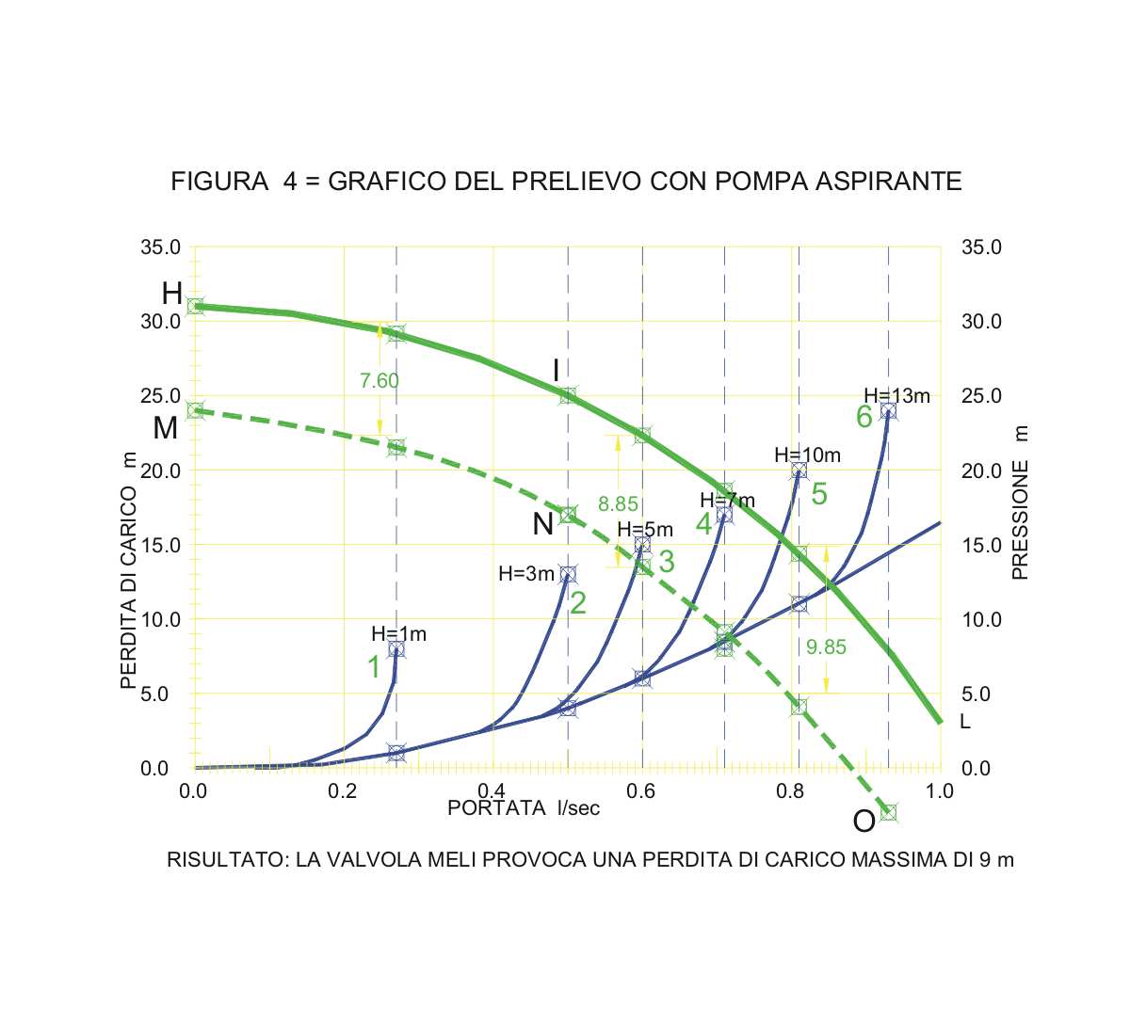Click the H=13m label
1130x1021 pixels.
tap(896, 396)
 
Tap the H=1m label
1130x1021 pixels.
tap(398, 634)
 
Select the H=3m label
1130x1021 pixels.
tap(526, 573)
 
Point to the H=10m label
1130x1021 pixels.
tap(807, 455)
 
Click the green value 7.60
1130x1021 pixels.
tap(379, 381)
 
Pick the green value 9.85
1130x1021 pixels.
tap(826, 646)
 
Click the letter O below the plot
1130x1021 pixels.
tap(864, 822)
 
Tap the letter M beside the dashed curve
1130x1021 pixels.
tap(165, 428)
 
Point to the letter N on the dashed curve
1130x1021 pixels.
tap(542, 524)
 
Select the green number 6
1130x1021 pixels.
tap(864, 417)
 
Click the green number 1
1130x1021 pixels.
tap(374, 667)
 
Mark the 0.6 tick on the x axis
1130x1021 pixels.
tap(642, 791)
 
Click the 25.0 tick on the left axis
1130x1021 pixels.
tap(161, 396)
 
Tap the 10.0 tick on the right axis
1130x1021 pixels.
tap(981, 620)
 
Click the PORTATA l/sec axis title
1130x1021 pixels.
tap(523, 807)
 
